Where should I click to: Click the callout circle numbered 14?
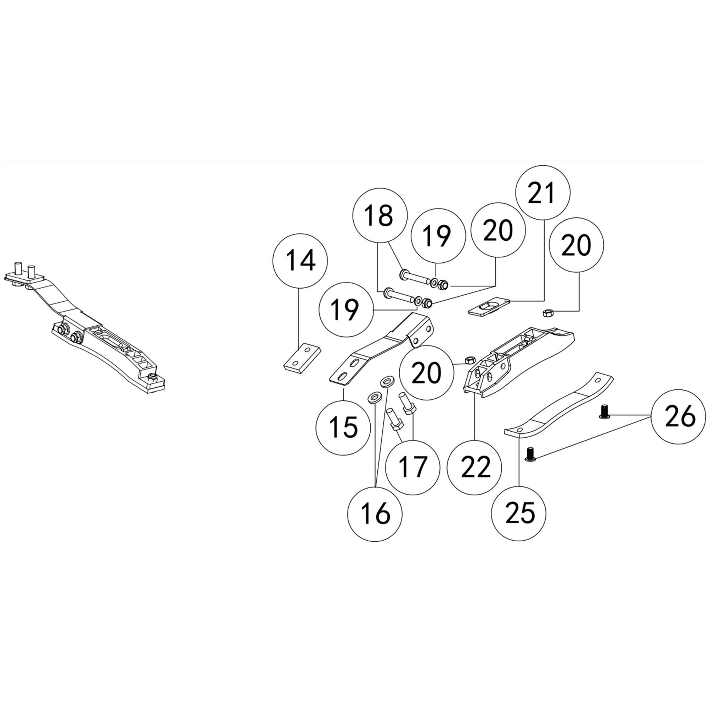(300, 261)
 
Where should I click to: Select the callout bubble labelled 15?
(343, 427)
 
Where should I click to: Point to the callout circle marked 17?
(413, 467)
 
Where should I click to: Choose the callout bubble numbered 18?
(380, 215)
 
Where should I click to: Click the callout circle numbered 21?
(543, 193)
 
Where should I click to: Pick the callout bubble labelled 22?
(475, 467)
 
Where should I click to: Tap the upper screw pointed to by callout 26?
(604, 411)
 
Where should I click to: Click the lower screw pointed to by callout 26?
(530, 454)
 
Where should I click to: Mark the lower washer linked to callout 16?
(374, 398)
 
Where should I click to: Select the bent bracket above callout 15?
(383, 349)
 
